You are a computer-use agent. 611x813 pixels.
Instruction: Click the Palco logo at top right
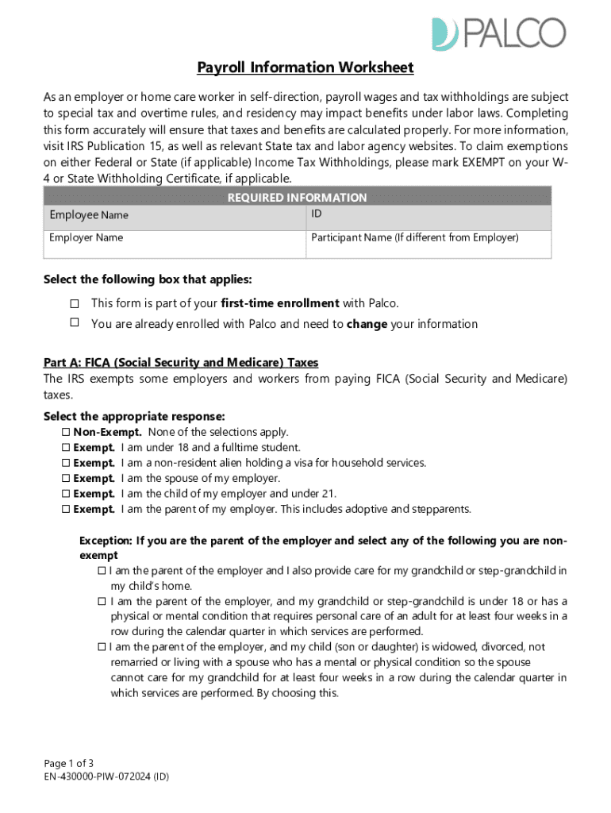click(498, 33)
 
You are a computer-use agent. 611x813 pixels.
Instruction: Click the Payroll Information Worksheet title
click(305, 67)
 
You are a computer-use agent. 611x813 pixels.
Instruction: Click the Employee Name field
click(174, 217)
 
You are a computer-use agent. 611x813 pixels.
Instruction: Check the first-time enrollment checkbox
click(75, 304)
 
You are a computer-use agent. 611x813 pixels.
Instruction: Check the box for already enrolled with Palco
click(75, 323)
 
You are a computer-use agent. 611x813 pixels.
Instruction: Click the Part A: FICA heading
click(181, 363)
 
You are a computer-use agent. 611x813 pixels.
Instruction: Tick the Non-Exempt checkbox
click(66, 433)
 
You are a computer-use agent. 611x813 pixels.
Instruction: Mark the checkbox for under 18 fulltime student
click(66, 448)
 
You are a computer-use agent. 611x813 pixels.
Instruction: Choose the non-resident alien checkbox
click(66, 463)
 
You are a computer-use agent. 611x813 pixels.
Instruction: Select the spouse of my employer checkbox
click(66, 479)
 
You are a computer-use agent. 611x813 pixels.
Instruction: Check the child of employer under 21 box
click(66, 494)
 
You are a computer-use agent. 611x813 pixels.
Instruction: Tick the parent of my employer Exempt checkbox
click(66, 510)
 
